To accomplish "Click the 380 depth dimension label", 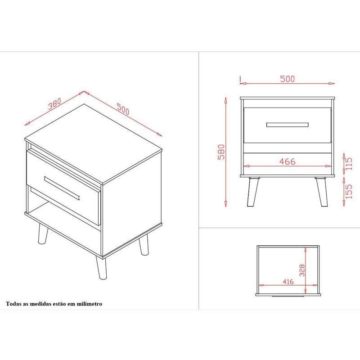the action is coord(54,103).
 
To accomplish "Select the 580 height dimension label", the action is coord(221,152).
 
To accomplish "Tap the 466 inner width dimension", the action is coord(287,162).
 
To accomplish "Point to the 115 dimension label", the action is coord(348,163).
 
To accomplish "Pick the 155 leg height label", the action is coord(348,192).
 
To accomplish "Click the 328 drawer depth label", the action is coord(302,270).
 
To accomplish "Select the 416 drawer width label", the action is coord(288,282).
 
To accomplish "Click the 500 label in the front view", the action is coord(287,79).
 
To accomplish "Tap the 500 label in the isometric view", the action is coord(123,109).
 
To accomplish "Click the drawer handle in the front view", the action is coord(287,125).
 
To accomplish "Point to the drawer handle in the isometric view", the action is coord(62,188).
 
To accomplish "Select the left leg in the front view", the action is coord(253,192).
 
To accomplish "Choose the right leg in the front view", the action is coord(321,192).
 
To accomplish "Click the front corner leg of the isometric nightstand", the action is coord(101,268).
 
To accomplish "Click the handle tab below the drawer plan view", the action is coord(288,297).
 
